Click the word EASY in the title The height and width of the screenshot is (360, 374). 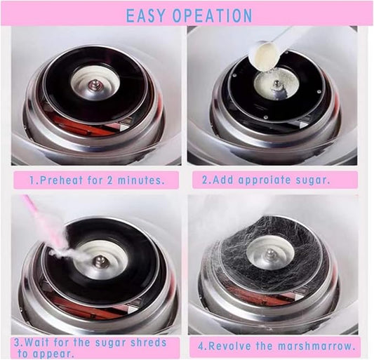coord(147,15)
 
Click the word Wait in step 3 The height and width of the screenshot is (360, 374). coord(44,342)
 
